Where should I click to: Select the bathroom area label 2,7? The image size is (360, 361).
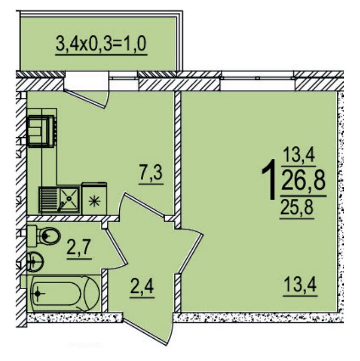pyautogui.click(x=79, y=248)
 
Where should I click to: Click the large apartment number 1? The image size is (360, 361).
pyautogui.click(x=269, y=179)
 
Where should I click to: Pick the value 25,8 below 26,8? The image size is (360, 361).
pyautogui.click(x=296, y=207)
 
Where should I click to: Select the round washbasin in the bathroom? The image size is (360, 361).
pyautogui.click(x=35, y=262)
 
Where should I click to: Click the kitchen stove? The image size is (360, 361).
pyautogui.click(x=41, y=131)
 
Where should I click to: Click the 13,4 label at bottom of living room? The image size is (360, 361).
pyautogui.click(x=300, y=285)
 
